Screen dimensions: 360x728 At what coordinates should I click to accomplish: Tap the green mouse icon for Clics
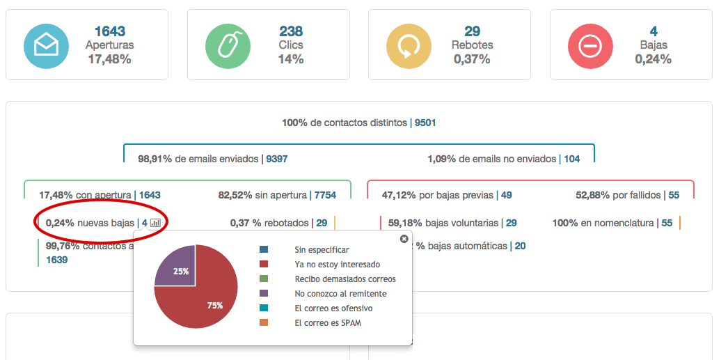click(x=228, y=45)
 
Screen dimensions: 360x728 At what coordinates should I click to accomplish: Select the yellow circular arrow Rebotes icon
click(x=409, y=45)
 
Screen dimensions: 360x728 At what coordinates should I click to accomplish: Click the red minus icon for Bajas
click(x=590, y=45)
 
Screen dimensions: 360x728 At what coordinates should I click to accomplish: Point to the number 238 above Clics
click(x=291, y=31)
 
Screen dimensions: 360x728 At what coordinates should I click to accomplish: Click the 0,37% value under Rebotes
click(x=472, y=59)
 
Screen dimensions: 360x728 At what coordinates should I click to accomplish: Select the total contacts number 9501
click(x=425, y=123)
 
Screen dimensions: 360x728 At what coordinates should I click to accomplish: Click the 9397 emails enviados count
click(x=276, y=159)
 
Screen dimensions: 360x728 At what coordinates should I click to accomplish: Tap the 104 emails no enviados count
click(x=571, y=159)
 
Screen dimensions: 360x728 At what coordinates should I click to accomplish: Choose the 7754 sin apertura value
click(x=325, y=196)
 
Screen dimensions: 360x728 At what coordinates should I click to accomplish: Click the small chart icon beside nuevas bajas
click(x=155, y=224)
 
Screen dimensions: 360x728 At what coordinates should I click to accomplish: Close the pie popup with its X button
click(x=404, y=239)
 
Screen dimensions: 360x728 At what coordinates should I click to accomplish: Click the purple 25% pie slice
click(x=175, y=267)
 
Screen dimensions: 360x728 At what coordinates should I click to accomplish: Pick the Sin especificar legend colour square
click(x=263, y=249)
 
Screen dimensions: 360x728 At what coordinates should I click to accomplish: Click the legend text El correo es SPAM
click(x=328, y=322)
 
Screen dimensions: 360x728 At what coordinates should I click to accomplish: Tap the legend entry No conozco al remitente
click(x=340, y=293)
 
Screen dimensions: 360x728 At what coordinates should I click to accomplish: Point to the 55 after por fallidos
click(x=674, y=196)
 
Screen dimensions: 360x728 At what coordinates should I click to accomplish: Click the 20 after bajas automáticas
click(x=520, y=246)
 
